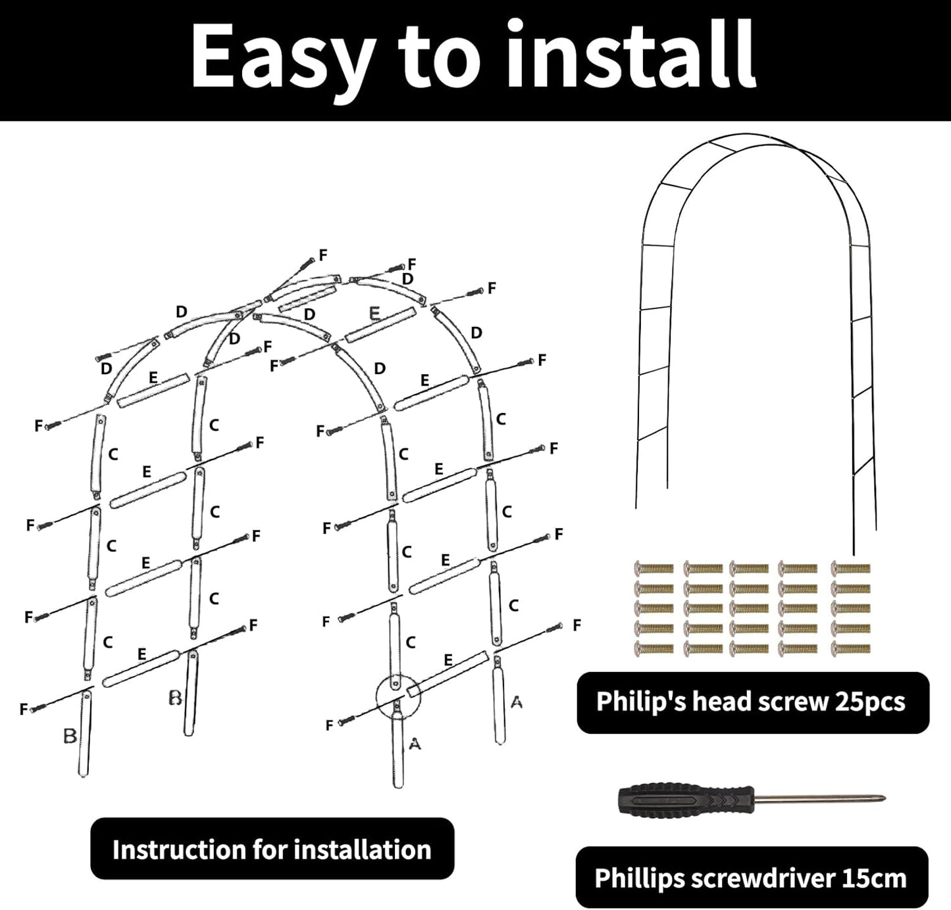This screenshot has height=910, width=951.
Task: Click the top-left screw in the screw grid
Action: [654, 568]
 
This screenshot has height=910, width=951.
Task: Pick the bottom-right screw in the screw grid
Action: [851, 650]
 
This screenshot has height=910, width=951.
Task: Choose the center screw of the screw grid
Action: [749, 609]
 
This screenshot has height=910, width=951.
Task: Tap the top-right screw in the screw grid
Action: [851, 568]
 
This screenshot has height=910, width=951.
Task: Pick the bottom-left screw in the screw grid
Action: [654, 650]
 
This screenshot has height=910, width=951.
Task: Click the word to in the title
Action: [440, 58]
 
